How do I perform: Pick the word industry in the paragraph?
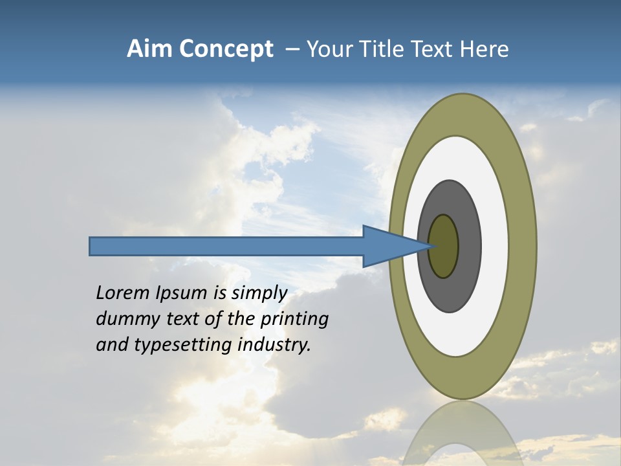coord(274,345)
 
